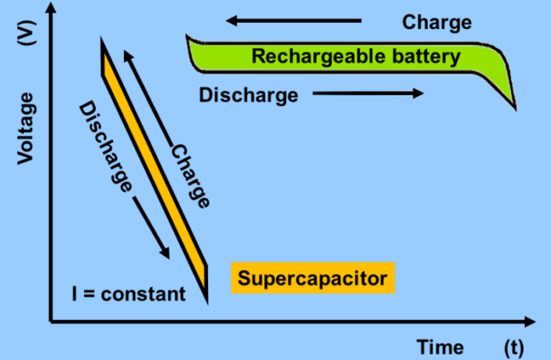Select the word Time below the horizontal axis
440,346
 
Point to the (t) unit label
515,346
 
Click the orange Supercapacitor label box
312,278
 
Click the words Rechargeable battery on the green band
355,56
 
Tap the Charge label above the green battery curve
437,22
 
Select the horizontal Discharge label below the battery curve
248,96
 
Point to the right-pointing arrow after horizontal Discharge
369,94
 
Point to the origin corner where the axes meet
51,321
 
